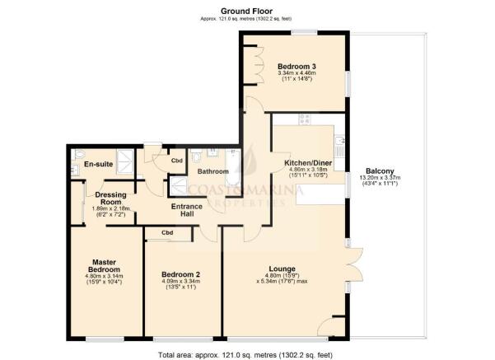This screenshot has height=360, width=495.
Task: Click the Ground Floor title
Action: [247, 11]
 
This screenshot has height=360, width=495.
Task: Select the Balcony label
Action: [380, 171]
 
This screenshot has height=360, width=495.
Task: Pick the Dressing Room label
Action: [110, 199]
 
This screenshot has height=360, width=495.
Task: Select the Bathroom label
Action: [212, 171]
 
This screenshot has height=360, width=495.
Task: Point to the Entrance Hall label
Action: [186, 210]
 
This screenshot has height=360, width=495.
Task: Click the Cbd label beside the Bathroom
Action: [176, 160]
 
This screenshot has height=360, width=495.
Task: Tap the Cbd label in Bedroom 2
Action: [167, 233]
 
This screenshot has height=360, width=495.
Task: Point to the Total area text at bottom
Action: [247, 352]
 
